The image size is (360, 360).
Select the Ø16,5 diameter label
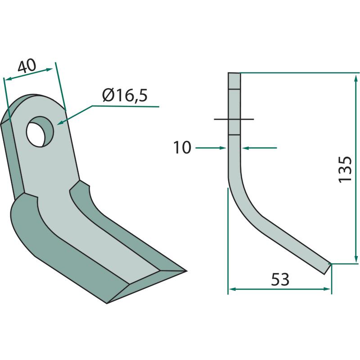point(125,95)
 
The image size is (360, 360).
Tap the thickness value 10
point(182,148)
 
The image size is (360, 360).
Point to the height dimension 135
point(345,170)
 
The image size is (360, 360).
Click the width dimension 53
point(280,279)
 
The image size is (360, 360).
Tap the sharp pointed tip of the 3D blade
point(186,271)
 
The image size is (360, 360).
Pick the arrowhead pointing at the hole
point(60,122)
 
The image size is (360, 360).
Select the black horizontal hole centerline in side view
point(234,119)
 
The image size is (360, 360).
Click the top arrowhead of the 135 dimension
point(355,78)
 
